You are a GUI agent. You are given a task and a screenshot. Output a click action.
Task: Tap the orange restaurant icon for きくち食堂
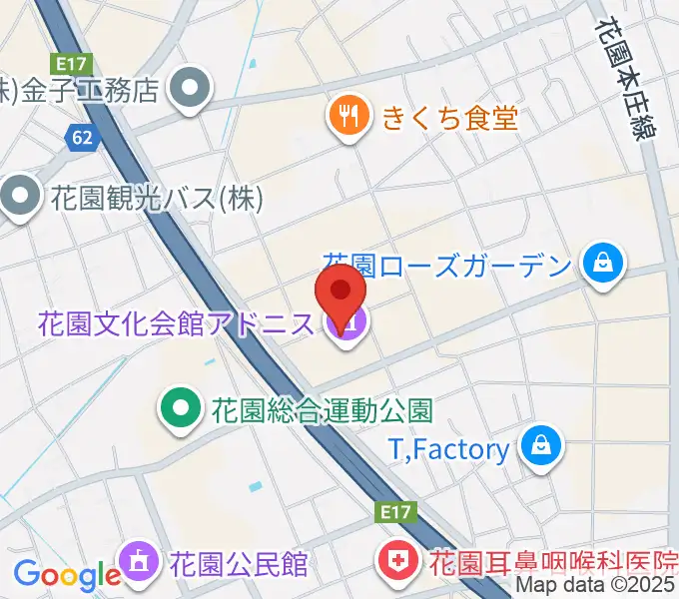point(348,118)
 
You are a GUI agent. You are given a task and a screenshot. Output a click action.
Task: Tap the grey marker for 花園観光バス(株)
point(19,197)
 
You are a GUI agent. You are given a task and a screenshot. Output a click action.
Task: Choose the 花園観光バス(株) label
point(156,198)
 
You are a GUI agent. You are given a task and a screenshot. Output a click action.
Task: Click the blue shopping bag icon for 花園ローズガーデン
point(603,265)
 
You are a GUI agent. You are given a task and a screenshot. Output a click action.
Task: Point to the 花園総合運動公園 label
point(321,409)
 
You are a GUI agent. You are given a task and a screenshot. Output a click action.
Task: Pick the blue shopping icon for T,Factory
point(540,446)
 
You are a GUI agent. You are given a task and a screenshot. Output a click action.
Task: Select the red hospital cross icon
point(396,563)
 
